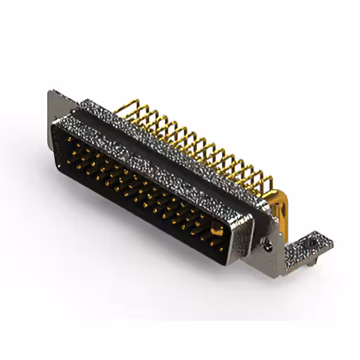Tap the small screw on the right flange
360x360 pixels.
click(x=269, y=242)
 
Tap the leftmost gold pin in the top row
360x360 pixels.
click(x=70, y=139)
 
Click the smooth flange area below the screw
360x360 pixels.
click(x=264, y=259)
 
